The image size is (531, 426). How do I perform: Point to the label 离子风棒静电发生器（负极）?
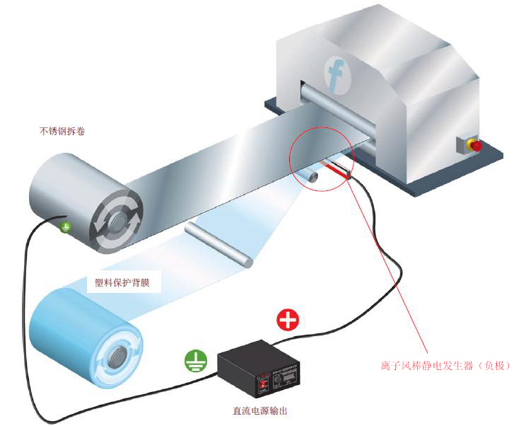click(445, 366)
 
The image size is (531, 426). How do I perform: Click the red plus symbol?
click(287, 320)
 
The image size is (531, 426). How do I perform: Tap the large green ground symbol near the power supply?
click(195, 362)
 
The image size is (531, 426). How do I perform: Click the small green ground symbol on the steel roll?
click(65, 227)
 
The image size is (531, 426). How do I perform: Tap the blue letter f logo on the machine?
click(336, 73)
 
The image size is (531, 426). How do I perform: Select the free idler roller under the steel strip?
click(219, 243)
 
